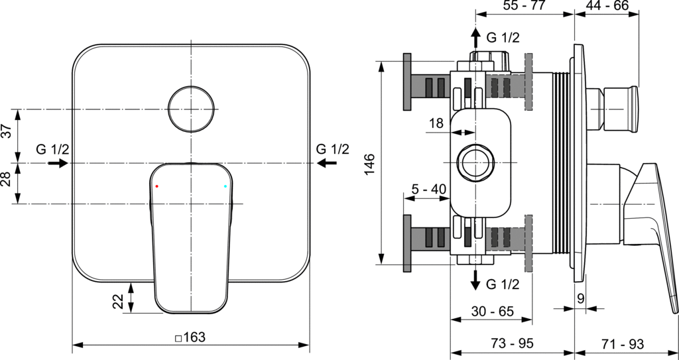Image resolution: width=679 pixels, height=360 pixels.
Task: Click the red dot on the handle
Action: pos(156,186)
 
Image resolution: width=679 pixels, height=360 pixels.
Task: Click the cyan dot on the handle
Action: pos(225,186)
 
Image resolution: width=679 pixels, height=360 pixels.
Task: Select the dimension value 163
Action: pos(194,337)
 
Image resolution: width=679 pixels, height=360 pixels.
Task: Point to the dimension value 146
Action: pos(369,164)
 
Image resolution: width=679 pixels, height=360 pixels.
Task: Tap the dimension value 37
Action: pos(7,131)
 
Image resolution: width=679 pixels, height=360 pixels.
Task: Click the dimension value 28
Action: pos(7,179)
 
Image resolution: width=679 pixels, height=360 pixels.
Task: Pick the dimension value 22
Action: pos(118,301)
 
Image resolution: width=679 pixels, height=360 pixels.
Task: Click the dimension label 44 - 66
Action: pos(607,5)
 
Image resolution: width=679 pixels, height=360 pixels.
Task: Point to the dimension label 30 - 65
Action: pos(493,311)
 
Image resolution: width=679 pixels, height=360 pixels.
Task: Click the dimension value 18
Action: pos(436,123)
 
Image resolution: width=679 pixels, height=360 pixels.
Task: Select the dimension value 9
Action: pos(581,298)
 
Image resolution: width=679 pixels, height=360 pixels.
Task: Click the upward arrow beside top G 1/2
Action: pos(475,38)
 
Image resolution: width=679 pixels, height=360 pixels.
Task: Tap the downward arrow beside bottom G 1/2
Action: pos(475,280)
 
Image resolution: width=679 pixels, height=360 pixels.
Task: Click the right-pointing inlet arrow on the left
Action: pos(58,163)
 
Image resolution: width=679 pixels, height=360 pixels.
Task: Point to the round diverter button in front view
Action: pos(191,109)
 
